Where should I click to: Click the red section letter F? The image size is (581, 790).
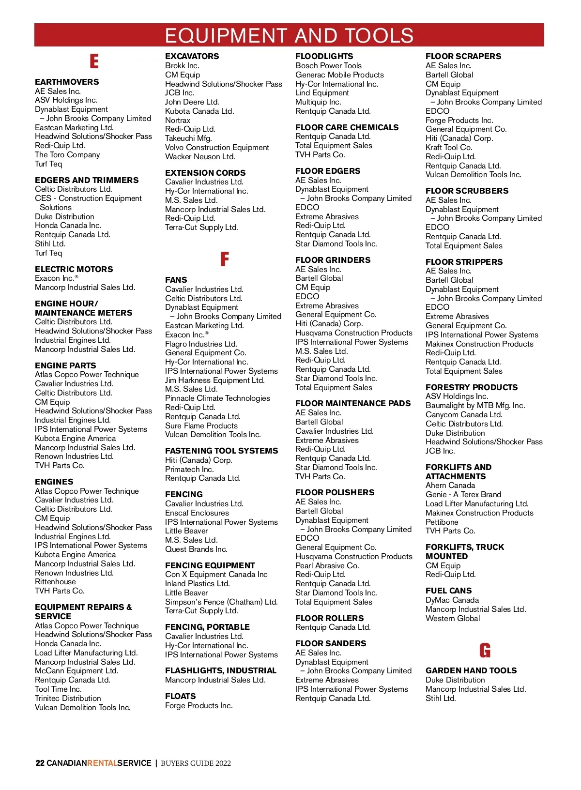[x=225, y=259]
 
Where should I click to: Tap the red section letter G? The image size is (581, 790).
[x=485, y=650]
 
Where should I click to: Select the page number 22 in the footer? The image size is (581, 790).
[x=40, y=763]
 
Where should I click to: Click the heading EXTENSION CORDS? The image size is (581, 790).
[x=205, y=173]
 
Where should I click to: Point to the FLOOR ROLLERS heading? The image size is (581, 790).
[x=329, y=618]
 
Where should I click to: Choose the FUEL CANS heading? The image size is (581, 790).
[x=448, y=591]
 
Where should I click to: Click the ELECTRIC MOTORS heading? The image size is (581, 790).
[x=74, y=269]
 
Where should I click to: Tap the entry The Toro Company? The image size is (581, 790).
[x=67, y=155]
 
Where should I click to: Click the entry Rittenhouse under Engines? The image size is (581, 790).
[x=55, y=582]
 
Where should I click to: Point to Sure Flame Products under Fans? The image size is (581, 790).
[x=201, y=425]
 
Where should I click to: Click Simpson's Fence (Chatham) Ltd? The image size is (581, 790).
[x=221, y=602]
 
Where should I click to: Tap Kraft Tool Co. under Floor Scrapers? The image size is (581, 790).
[x=448, y=147]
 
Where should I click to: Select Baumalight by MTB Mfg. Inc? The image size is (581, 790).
[x=475, y=406]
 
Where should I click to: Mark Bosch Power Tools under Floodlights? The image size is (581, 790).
[x=328, y=65]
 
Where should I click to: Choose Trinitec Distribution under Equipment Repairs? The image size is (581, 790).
[x=68, y=698]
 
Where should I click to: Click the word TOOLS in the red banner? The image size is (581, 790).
[x=379, y=36]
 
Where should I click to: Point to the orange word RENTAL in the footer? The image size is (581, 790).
[x=102, y=763]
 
